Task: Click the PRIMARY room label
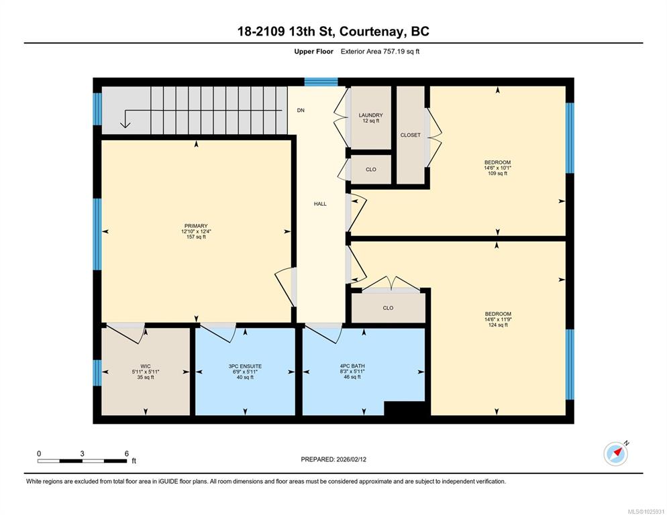point(196,226)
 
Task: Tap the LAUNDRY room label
point(370,115)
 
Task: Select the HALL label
point(320,204)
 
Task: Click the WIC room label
point(146,366)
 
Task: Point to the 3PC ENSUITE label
point(245,366)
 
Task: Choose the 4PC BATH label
point(352,365)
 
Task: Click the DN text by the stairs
point(301,111)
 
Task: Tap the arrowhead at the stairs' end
point(125,125)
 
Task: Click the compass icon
point(615,454)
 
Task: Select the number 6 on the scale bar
point(126,454)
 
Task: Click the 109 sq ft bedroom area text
point(498,174)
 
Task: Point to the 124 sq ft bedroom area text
point(498,325)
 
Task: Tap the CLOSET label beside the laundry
point(411,135)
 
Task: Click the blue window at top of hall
point(321,82)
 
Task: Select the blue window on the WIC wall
point(97,373)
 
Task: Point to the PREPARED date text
point(333,459)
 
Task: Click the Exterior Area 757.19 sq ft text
point(380,52)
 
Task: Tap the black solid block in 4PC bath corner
point(405,408)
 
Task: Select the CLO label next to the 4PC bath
point(388,308)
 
